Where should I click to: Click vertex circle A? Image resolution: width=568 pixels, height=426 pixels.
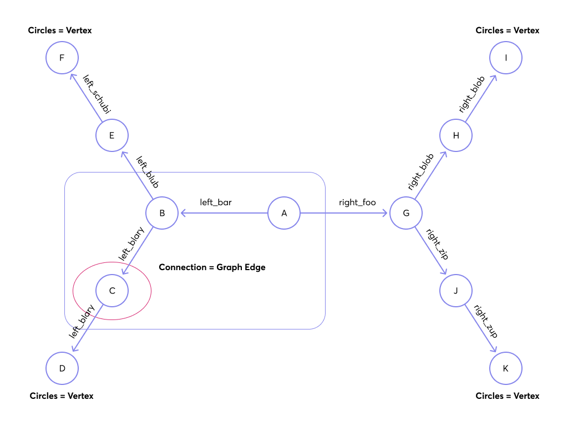pyautogui.click(x=284, y=213)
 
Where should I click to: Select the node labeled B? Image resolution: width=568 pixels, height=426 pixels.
pyautogui.click(x=162, y=213)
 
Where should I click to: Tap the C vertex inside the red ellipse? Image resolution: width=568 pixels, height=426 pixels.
pyautogui.click(x=112, y=291)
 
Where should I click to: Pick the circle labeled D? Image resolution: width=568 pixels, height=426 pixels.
pyautogui.click(x=62, y=368)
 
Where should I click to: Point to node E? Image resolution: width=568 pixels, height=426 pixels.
pyautogui.click(x=112, y=135)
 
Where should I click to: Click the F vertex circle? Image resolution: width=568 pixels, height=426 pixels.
pyautogui.click(x=62, y=58)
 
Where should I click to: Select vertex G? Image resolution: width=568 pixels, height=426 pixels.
pyautogui.click(x=406, y=213)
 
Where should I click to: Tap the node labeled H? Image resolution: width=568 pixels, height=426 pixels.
pyautogui.click(x=456, y=135)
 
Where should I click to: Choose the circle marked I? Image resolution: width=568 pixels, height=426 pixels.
pyautogui.click(x=506, y=58)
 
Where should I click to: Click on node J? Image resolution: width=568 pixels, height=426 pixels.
pyautogui.click(x=456, y=291)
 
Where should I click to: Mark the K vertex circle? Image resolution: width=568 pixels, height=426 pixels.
pyautogui.click(x=506, y=368)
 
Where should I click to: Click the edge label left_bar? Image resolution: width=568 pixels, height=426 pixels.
pyautogui.click(x=216, y=202)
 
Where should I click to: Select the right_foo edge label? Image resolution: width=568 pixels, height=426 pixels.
pyautogui.click(x=357, y=202)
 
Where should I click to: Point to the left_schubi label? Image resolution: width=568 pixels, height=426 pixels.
pyautogui.click(x=97, y=95)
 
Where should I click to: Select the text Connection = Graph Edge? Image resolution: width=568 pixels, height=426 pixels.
pyautogui.click(x=212, y=267)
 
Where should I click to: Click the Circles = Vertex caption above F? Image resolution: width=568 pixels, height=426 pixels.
pyautogui.click(x=60, y=31)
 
